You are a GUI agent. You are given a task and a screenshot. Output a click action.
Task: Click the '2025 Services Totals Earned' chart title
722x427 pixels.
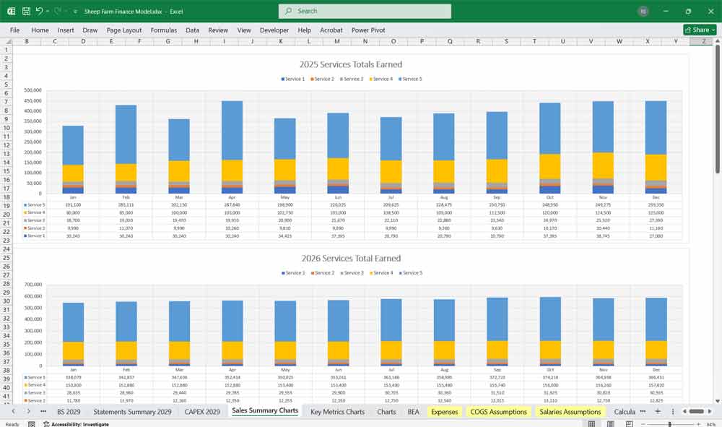350,64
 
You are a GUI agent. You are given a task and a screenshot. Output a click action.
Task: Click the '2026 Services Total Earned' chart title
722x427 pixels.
350,258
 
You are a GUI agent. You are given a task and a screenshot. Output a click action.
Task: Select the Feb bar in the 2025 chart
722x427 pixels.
126,145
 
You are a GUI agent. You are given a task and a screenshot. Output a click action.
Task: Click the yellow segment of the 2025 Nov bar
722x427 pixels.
603,165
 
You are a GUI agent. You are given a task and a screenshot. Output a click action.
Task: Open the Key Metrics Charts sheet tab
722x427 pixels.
337,412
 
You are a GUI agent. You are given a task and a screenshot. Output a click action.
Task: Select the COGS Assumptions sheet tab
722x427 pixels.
498,412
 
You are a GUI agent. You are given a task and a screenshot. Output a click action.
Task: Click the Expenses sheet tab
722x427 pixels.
444,412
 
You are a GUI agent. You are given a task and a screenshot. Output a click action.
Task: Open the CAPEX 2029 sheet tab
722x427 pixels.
202,412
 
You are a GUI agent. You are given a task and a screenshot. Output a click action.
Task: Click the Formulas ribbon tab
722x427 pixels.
163,30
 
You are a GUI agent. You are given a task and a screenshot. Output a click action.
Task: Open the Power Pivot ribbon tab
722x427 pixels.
368,30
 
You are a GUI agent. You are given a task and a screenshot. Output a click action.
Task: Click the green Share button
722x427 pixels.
699,30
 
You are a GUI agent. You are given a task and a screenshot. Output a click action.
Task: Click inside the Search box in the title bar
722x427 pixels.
365,11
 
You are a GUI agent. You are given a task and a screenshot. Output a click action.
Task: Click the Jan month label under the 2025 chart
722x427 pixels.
72,197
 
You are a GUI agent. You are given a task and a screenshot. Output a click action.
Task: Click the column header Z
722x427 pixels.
703,42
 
